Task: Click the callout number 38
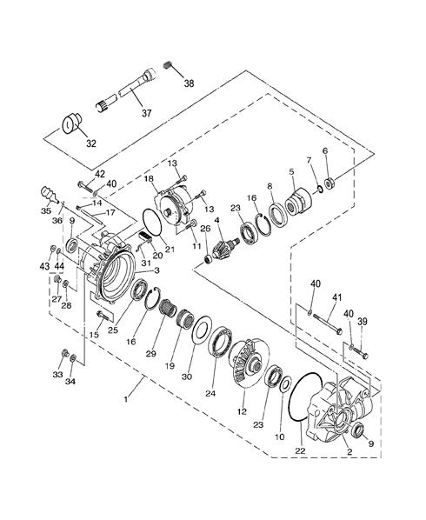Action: tap(189, 83)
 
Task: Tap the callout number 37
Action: tap(146, 113)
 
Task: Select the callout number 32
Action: tap(90, 143)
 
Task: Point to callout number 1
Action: tap(126, 399)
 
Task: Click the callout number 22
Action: tap(300, 450)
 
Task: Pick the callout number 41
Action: tap(336, 297)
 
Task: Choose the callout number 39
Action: tap(363, 322)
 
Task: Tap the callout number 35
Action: tap(46, 211)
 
